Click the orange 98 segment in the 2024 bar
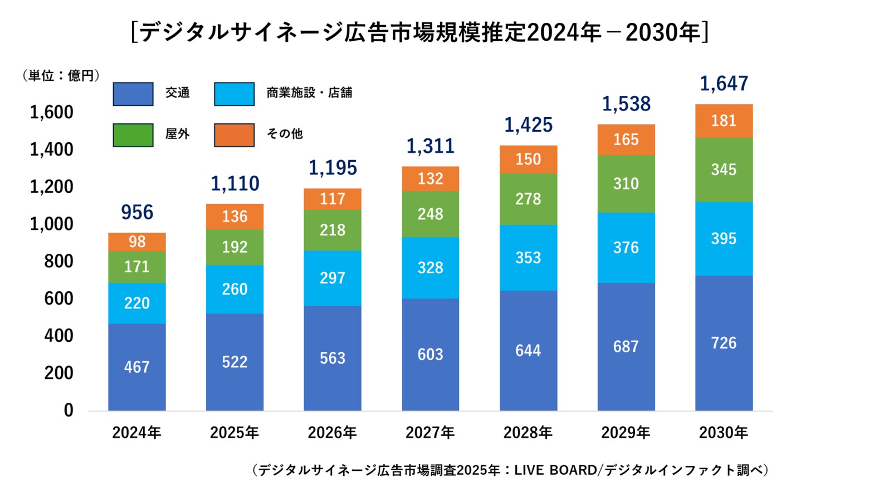point(137,242)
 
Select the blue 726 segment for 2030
point(724,343)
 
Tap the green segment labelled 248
point(430,214)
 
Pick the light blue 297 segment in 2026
point(332,278)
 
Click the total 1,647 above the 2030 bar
point(724,84)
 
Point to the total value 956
point(137,212)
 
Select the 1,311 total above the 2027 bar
point(430,146)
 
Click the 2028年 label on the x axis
point(528,432)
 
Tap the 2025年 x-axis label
point(235,432)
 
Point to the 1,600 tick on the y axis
point(51,112)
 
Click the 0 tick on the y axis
point(68,411)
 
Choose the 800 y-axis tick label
point(58,261)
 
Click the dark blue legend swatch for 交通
point(133,94)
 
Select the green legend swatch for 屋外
point(133,135)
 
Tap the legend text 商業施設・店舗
point(309,93)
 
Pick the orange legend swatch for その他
point(234,135)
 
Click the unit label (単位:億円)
point(61,75)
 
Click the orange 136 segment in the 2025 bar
point(235,216)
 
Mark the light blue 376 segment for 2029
point(626,248)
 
